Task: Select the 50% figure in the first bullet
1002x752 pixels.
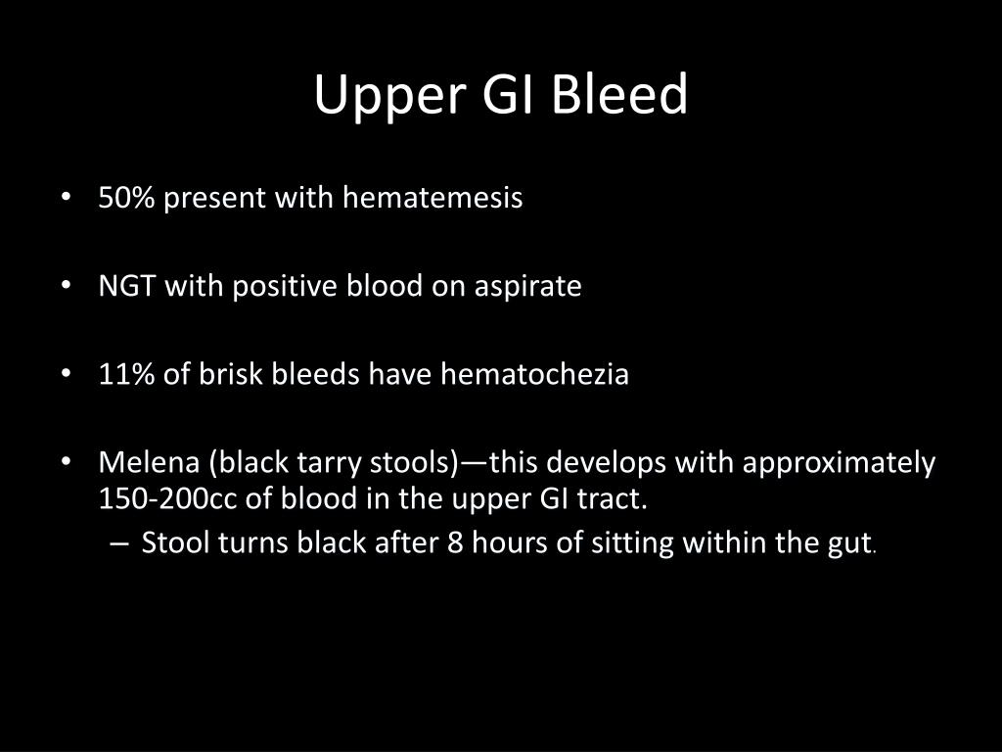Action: point(127,198)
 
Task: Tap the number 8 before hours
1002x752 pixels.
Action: point(455,542)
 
